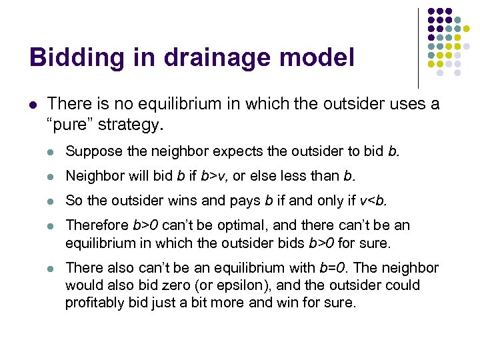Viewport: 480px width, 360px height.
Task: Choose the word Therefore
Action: [x=97, y=225]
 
